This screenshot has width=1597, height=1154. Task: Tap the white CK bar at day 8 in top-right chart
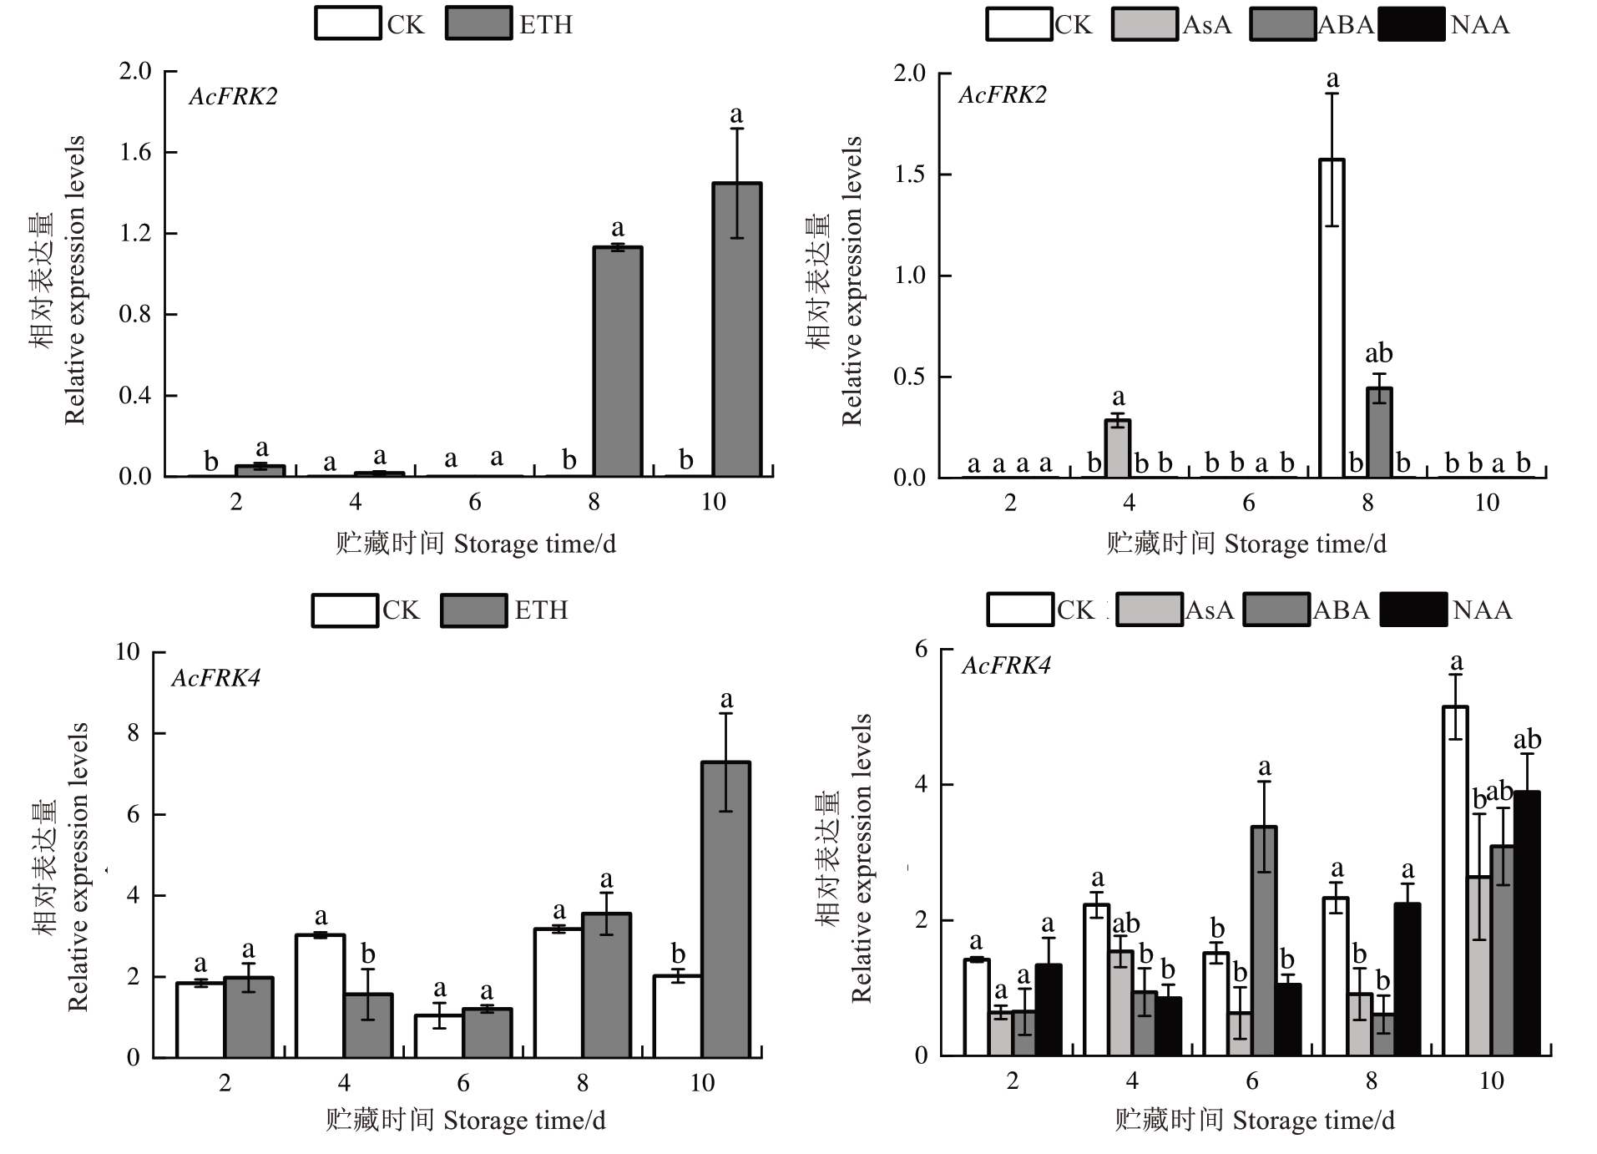coord(1332,318)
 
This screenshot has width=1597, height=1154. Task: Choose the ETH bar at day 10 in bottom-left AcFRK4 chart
coord(725,909)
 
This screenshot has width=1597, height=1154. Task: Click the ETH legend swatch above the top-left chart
coord(478,23)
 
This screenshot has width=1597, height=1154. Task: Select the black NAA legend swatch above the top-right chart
coord(1411,24)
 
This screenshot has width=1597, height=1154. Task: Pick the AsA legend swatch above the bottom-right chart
coord(1149,610)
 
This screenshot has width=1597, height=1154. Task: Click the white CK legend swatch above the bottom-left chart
coord(345,610)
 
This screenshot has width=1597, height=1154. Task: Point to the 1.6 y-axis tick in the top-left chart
coord(135,152)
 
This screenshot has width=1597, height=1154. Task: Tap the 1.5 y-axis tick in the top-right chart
coord(910,175)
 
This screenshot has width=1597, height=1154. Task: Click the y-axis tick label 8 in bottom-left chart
coord(134,733)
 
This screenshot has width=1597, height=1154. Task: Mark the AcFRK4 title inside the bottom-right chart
coord(1006,666)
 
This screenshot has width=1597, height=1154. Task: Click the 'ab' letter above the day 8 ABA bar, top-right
coord(1379,353)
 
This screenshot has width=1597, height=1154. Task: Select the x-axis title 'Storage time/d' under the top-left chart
coord(534,544)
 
